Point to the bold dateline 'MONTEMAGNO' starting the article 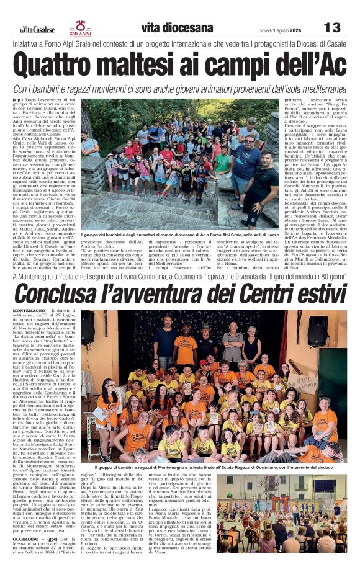point(28,310)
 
